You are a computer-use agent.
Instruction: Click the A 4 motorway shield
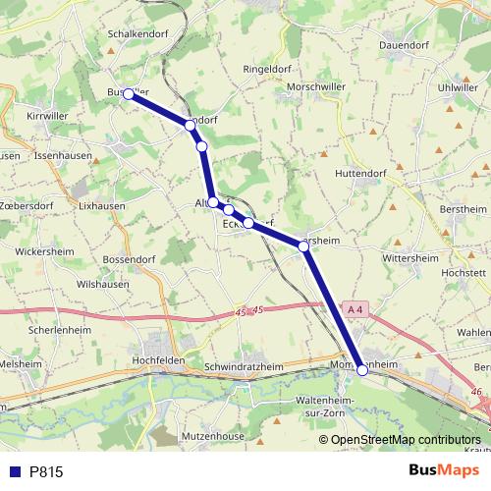point(355,309)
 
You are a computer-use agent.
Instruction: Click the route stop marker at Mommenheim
point(362,370)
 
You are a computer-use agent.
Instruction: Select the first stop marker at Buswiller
point(128,94)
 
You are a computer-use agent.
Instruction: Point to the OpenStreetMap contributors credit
point(407,439)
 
